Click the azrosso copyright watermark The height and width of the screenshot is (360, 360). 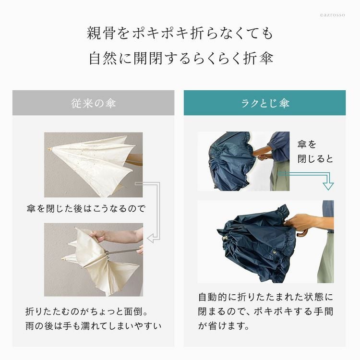point(333,15)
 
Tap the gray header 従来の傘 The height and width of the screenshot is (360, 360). point(93,103)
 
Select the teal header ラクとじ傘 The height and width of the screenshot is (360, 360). point(264,103)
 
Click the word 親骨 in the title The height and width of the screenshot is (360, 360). point(101,33)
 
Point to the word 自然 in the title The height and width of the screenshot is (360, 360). point(103,58)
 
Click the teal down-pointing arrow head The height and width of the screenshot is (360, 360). point(328,186)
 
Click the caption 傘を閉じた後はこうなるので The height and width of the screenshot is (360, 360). point(86,208)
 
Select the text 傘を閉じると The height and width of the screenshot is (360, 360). point(315,152)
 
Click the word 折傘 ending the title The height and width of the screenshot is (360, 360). point(258,58)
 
